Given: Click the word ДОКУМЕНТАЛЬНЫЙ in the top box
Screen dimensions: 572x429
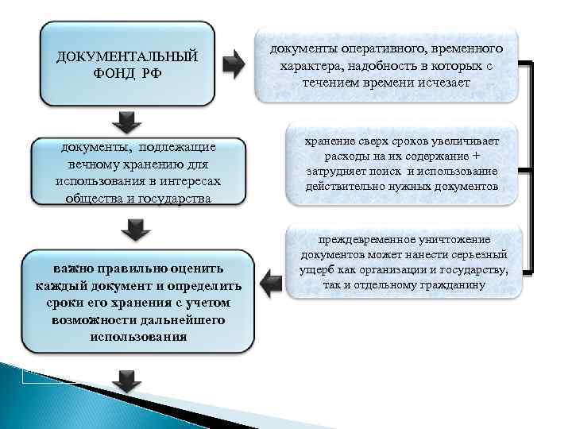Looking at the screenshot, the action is click(126, 57).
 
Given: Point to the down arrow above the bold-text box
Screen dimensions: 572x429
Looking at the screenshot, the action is click(135, 230).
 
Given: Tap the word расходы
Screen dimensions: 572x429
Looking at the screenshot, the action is click(327, 157).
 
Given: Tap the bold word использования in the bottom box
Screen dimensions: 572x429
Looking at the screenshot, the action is click(139, 335).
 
